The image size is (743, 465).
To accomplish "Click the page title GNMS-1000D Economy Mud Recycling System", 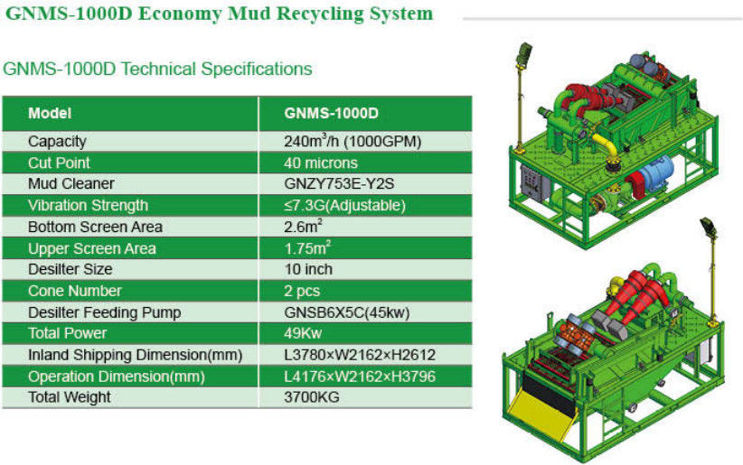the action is tap(219, 14).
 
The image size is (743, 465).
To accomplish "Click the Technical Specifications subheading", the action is tap(157, 70).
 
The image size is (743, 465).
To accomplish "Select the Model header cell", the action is tap(50, 113).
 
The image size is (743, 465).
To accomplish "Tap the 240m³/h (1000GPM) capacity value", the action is tap(353, 141).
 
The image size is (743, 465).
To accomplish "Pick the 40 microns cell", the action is tap(321, 163).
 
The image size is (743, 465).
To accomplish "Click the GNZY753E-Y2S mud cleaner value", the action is tap(339, 183).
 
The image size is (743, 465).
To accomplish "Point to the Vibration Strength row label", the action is tap(89, 206).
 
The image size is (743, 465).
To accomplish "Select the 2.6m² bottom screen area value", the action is tap(304, 226).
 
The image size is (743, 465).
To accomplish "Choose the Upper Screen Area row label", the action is tap(92, 248).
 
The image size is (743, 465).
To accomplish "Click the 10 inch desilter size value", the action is tap(308, 269).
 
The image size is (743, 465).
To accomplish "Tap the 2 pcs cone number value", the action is tap(302, 292).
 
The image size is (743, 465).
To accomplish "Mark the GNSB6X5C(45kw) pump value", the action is tap(347, 312).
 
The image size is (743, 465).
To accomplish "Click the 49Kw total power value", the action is tap(303, 333).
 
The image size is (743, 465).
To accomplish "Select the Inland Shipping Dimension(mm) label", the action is tap(135, 355).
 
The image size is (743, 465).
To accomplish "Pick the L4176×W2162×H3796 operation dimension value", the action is tap(360, 377).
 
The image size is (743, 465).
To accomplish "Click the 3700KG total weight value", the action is tap(312, 397).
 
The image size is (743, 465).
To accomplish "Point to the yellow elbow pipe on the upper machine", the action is tap(608, 148).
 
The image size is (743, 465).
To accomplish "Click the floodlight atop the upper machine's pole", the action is tap(525, 52).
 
